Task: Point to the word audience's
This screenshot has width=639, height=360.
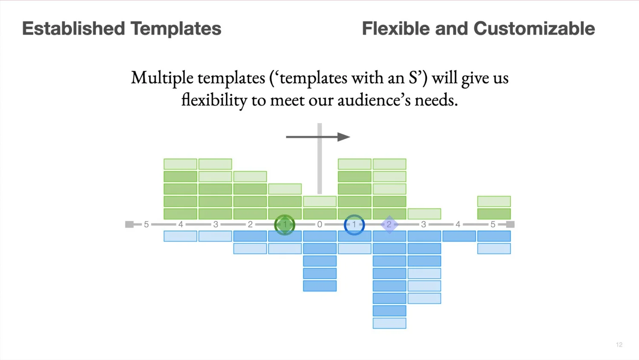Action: (374, 100)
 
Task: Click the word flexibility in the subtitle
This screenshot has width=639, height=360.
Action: (214, 101)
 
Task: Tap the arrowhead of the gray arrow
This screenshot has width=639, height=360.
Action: (344, 137)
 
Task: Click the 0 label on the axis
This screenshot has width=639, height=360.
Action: (319, 225)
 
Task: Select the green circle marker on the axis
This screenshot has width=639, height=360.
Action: (285, 225)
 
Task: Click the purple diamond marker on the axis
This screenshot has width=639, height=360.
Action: (389, 225)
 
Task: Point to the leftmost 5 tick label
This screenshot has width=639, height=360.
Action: (146, 225)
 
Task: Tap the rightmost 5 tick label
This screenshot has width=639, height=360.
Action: (492, 225)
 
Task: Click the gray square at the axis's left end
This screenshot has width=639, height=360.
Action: (129, 225)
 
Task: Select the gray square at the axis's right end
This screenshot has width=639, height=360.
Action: (510, 225)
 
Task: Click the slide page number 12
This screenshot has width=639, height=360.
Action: (619, 345)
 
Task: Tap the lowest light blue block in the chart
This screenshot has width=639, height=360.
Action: (389, 323)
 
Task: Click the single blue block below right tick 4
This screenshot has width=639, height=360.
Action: (459, 236)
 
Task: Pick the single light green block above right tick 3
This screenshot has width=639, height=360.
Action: (424, 214)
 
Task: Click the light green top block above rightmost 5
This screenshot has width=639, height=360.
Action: (494, 202)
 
